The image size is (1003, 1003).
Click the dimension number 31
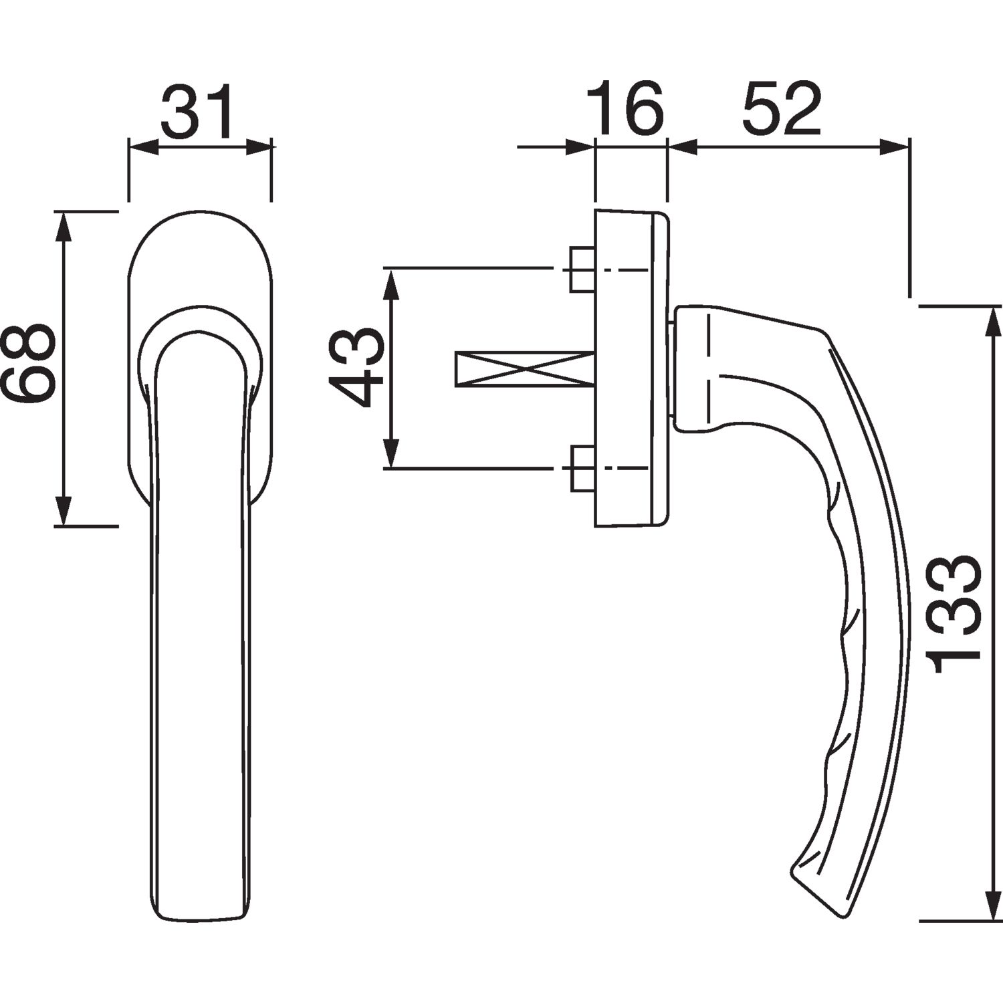click(199, 110)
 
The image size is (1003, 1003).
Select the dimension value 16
click(625, 108)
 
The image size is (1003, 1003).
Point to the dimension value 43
click(356, 367)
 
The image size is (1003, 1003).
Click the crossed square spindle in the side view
click(524, 368)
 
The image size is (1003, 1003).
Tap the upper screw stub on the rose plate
click(582, 269)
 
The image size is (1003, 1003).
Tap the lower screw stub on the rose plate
click(582, 468)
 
